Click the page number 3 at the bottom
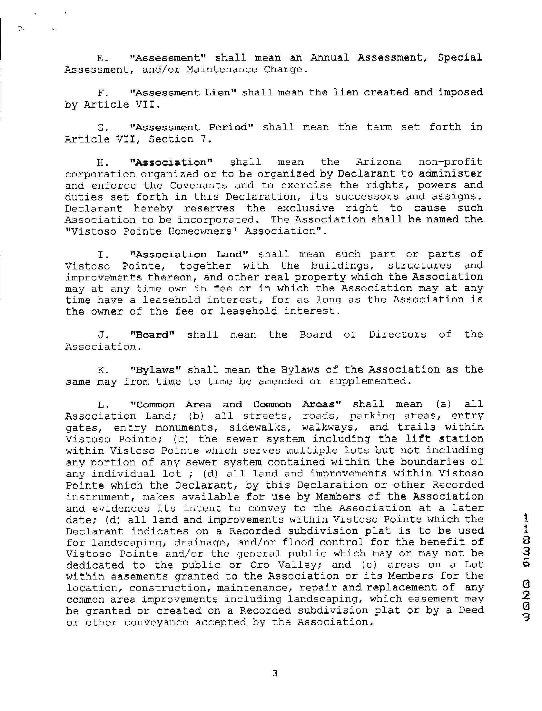tap(275, 673)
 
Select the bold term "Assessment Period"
tap(191, 127)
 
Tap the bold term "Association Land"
tap(189, 254)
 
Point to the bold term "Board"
tap(152, 334)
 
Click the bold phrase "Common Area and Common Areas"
tap(236, 404)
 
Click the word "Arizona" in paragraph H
tap(379, 162)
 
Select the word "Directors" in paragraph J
tap(397, 334)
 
